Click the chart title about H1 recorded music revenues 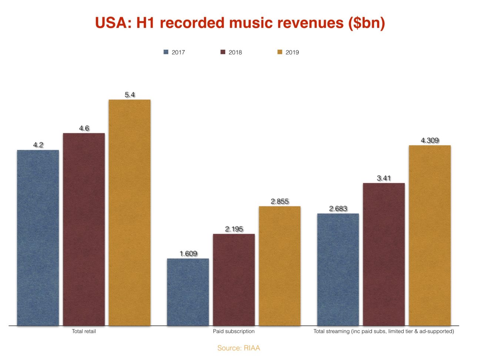click(x=240, y=23)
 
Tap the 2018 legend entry click(x=231, y=52)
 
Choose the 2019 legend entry click(x=288, y=52)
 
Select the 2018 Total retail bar click(x=84, y=229)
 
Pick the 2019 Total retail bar click(x=129, y=213)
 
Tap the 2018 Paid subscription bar click(x=234, y=280)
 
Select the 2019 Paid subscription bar click(x=279, y=266)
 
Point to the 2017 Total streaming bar click(x=338, y=270)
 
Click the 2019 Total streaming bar click(x=430, y=235)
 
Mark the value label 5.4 click(x=130, y=95)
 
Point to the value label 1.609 click(x=188, y=254)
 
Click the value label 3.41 click(x=384, y=178)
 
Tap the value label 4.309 click(x=430, y=140)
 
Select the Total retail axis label click(x=84, y=331)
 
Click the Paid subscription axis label click(x=234, y=331)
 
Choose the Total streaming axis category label click(x=384, y=331)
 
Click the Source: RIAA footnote click(x=239, y=348)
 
